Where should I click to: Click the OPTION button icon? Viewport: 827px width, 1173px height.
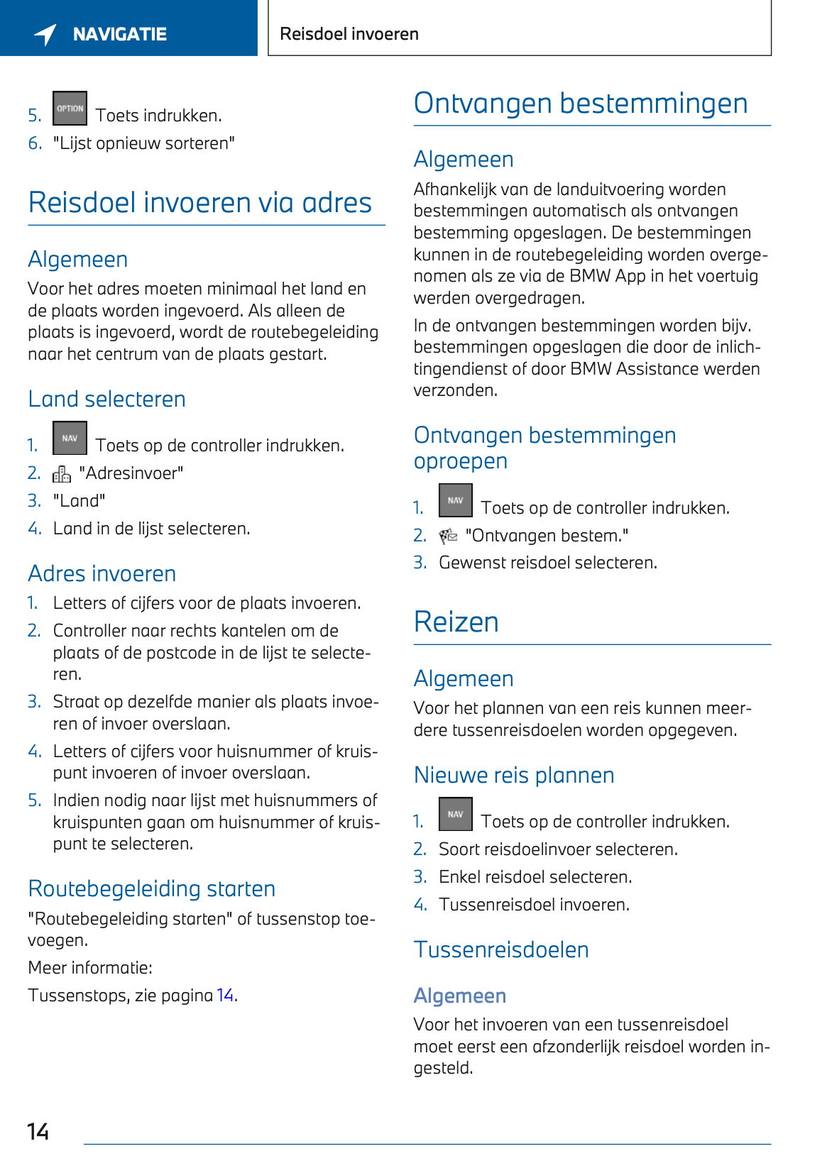[x=70, y=109]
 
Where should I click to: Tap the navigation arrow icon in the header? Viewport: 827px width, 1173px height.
[x=45, y=33]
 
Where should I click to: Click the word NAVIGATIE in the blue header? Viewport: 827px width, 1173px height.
[x=120, y=34]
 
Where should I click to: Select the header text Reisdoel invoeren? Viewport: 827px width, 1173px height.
[x=349, y=34]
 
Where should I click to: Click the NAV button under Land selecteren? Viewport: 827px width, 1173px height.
[x=70, y=439]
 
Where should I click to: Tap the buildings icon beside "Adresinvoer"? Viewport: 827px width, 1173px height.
[x=62, y=473]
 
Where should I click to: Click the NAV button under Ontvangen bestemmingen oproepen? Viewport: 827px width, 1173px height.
[x=455, y=500]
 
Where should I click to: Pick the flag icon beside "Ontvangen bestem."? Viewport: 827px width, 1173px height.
[x=448, y=536]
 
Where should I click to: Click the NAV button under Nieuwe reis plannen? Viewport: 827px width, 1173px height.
[x=455, y=814]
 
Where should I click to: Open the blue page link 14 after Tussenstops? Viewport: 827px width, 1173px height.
[x=225, y=995]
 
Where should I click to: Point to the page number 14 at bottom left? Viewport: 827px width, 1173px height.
[x=38, y=1131]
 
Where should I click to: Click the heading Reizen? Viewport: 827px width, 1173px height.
[x=456, y=622]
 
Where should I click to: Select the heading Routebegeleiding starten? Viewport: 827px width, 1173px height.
[x=152, y=888]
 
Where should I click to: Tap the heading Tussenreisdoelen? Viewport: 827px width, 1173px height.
[x=501, y=949]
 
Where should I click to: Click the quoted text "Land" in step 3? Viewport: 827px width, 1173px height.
[x=79, y=501]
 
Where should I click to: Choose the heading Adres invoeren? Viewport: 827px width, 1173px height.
[x=102, y=573]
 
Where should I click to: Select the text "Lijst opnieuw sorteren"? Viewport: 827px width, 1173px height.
[x=144, y=143]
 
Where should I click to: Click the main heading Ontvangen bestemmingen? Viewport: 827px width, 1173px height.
[x=581, y=104]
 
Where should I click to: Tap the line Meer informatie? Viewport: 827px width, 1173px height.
[x=90, y=968]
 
